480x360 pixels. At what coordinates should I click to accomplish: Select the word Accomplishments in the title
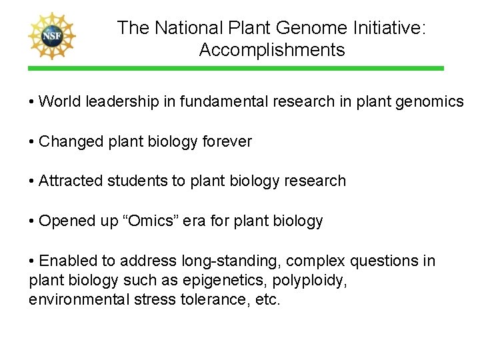click(x=272, y=50)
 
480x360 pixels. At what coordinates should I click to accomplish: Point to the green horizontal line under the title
click(x=235, y=68)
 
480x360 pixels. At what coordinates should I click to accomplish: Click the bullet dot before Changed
click(x=33, y=142)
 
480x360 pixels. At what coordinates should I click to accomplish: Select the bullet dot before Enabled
click(x=33, y=261)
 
